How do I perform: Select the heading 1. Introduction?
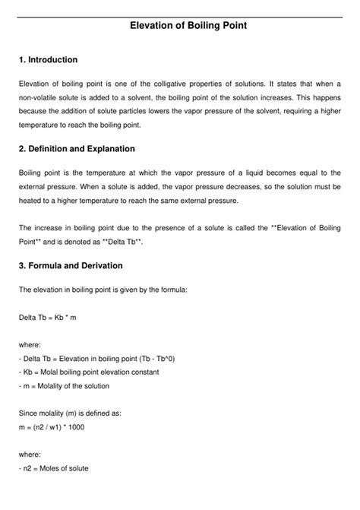point(48,59)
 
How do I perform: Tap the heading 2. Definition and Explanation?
point(77,149)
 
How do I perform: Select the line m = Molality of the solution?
point(64,385)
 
